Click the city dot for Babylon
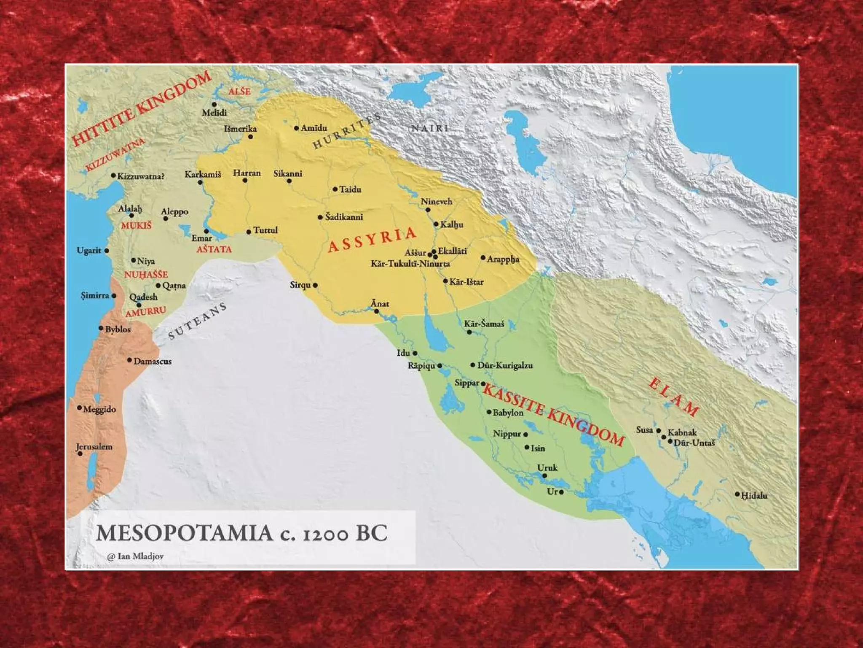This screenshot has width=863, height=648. click(x=489, y=412)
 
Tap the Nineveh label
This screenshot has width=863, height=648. click(x=436, y=202)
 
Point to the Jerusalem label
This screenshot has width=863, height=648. click(x=94, y=447)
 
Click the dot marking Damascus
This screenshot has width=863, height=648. click(x=129, y=360)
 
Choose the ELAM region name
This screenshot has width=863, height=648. click(x=673, y=397)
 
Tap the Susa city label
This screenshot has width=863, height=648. click(x=644, y=430)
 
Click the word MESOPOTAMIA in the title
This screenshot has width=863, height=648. click(x=184, y=533)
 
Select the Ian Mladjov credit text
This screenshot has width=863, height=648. click(x=136, y=556)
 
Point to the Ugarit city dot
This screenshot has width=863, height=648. click(x=107, y=251)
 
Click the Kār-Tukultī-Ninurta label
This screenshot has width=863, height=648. click(x=410, y=264)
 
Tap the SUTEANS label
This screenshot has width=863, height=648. click(x=197, y=321)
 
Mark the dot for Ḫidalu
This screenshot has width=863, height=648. click(x=737, y=494)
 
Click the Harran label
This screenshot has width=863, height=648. click(x=247, y=173)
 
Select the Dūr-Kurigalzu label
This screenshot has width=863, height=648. click(x=504, y=365)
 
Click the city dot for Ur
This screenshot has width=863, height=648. click(x=561, y=492)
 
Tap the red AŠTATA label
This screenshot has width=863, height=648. click(x=214, y=249)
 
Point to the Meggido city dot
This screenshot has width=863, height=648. click(x=79, y=408)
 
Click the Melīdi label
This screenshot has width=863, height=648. click(x=214, y=113)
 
